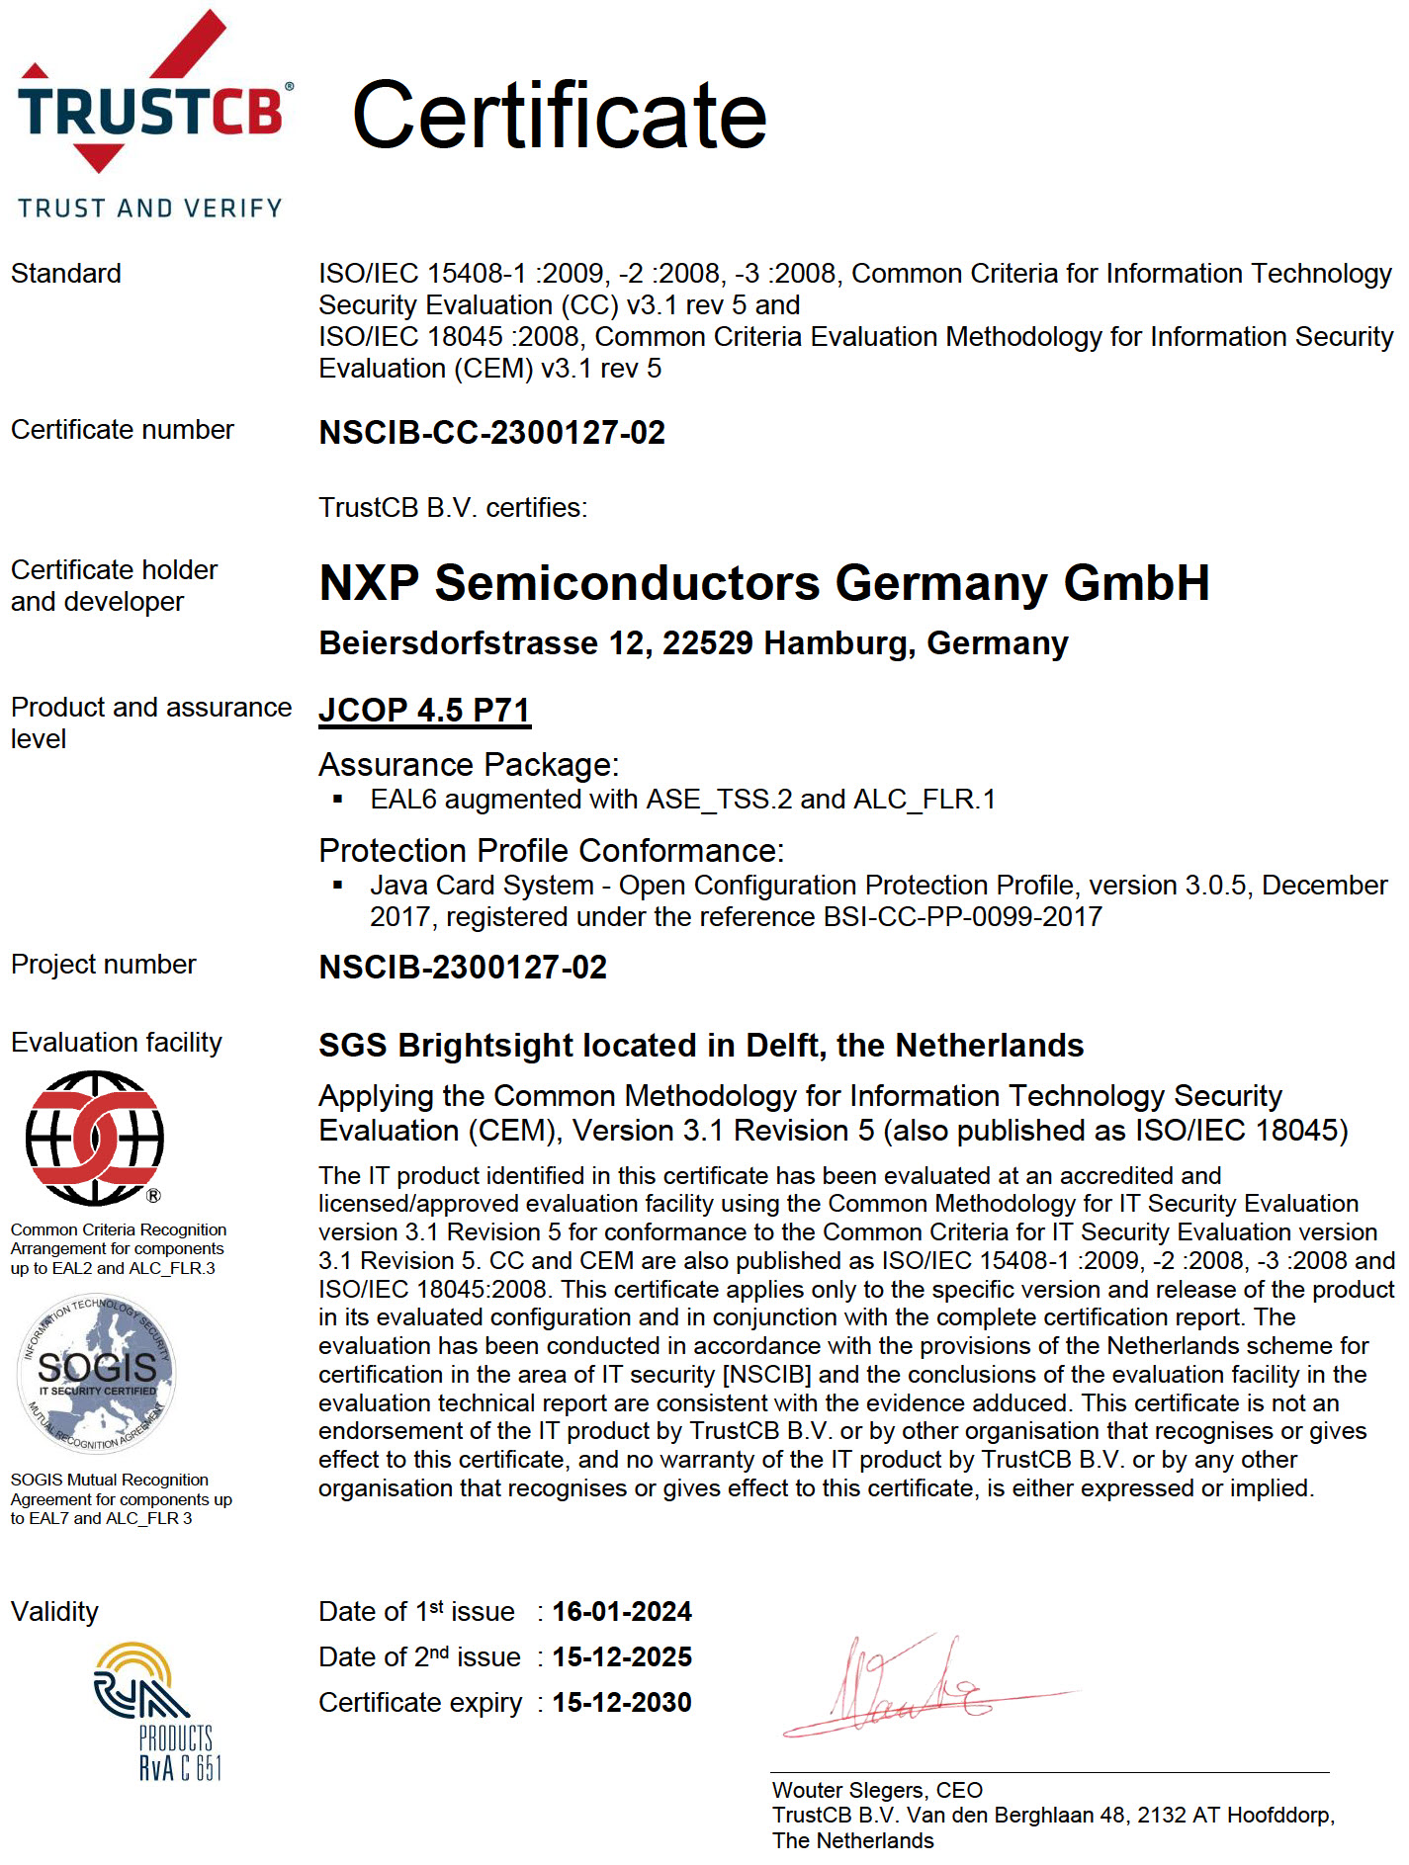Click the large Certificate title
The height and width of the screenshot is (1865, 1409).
point(559,116)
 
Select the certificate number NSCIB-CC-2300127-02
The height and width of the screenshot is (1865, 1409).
point(491,432)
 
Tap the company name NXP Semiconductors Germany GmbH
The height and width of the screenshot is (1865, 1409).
point(763,582)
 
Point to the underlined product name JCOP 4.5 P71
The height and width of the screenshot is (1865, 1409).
point(424,710)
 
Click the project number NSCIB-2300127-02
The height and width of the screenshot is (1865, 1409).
point(463,967)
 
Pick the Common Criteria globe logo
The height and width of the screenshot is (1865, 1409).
point(95,1138)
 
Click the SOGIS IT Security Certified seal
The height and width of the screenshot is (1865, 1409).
point(97,1373)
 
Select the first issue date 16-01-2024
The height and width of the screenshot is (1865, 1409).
point(622,1611)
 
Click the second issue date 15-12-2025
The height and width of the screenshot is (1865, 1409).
point(622,1656)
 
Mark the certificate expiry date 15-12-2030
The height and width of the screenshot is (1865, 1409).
point(622,1702)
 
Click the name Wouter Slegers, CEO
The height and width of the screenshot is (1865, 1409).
point(877,1790)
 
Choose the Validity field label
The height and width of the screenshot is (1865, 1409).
point(54,1611)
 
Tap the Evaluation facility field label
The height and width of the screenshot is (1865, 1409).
point(116,1042)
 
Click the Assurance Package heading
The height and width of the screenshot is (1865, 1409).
point(468,765)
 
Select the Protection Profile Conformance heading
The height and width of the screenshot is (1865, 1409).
point(551,850)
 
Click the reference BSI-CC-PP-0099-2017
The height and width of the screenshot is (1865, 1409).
point(963,917)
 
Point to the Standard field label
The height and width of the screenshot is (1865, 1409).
point(65,273)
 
